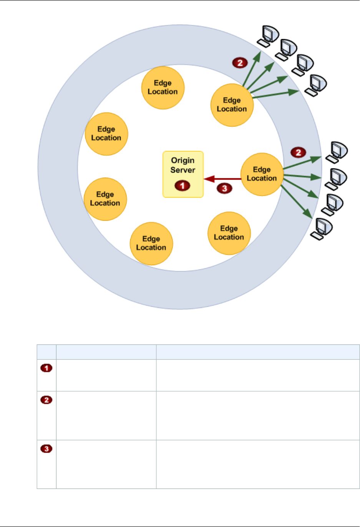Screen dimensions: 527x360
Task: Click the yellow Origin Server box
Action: (183, 174)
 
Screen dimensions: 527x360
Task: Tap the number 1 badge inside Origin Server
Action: (182, 186)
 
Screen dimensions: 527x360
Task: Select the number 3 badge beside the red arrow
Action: (224, 188)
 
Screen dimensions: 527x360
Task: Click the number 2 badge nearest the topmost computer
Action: (240, 63)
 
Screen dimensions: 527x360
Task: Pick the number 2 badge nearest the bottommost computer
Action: (298, 153)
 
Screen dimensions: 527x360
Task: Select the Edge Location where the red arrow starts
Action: (262, 174)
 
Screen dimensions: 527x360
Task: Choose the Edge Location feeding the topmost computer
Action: (232, 105)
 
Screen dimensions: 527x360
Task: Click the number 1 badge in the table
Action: (46, 368)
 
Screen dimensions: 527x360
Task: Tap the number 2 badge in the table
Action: (46, 400)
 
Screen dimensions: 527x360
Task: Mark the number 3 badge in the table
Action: (46, 449)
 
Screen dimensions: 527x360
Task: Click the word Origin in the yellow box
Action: (182, 160)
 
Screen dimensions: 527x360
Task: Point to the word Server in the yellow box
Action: (183, 170)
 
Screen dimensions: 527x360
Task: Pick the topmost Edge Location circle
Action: (163, 88)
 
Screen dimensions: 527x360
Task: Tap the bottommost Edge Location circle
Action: (151, 243)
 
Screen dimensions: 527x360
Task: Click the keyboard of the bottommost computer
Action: (317, 236)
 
